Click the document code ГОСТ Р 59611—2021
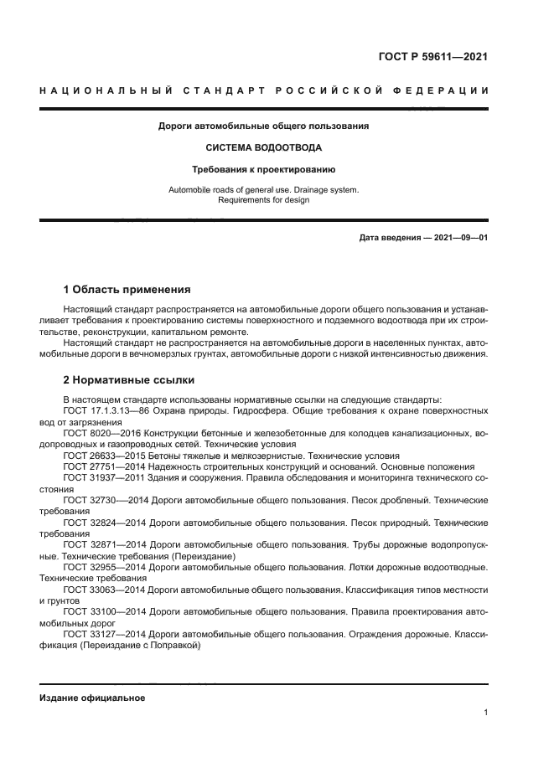pos(433,58)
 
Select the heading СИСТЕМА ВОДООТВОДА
pos(263,147)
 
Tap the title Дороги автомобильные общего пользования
pos(263,126)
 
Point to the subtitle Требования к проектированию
pos(263,168)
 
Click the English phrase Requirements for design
pos(263,200)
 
